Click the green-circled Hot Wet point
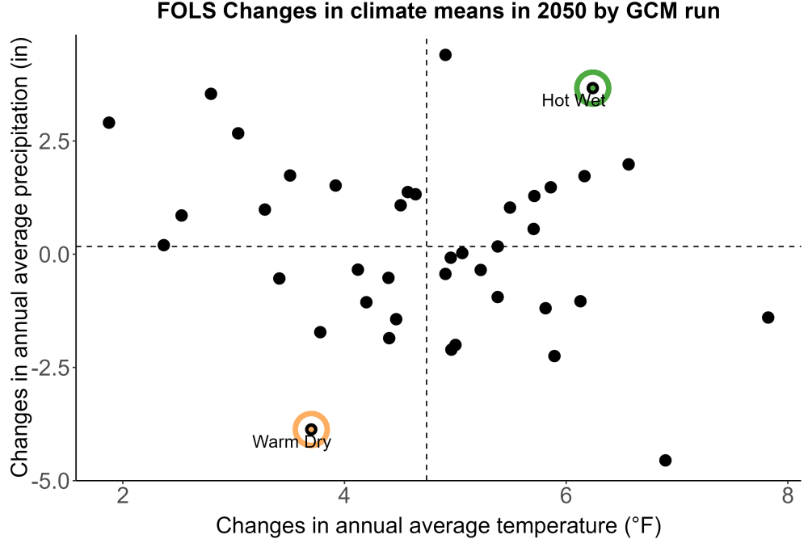pyautogui.click(x=592, y=88)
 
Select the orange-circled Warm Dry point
pyautogui.click(x=311, y=429)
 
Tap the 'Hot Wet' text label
pyautogui.click(x=574, y=100)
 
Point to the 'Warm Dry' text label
pyautogui.click(x=292, y=441)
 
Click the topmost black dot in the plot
pyautogui.click(x=445, y=55)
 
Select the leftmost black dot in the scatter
pyautogui.click(x=109, y=123)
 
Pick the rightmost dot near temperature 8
pyautogui.click(x=768, y=318)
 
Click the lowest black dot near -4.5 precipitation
pyautogui.click(x=665, y=460)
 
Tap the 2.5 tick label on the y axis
pyautogui.click(x=54, y=141)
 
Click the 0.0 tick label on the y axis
pyautogui.click(x=54, y=255)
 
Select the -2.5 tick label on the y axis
pyautogui.click(x=50, y=368)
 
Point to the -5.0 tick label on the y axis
pyautogui.click(x=50, y=482)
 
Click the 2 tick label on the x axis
pyautogui.click(x=123, y=495)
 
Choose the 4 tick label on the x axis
pyautogui.click(x=344, y=495)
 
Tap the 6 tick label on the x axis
pyautogui.click(x=566, y=495)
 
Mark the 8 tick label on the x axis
pyautogui.click(x=787, y=495)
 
